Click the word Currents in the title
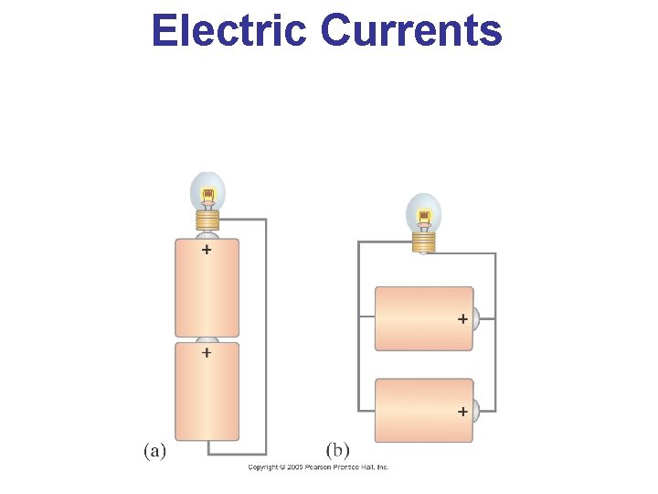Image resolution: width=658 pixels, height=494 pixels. pyautogui.click(x=411, y=30)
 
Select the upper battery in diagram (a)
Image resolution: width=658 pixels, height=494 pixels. pyautogui.click(x=207, y=288)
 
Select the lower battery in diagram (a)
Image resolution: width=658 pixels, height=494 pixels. pyautogui.click(x=207, y=393)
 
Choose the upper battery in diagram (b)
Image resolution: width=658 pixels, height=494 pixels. pyautogui.click(x=424, y=318)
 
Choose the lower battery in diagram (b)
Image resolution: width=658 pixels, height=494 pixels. pyautogui.click(x=424, y=411)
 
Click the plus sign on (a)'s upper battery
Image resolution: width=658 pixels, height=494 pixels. pyautogui.click(x=207, y=249)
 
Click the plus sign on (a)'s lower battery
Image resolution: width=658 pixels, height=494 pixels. pyautogui.click(x=207, y=352)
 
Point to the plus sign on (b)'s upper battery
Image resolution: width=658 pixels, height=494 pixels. pyautogui.click(x=462, y=319)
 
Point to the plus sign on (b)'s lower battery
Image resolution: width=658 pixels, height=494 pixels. pyautogui.click(x=462, y=412)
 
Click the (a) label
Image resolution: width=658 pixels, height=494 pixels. pyautogui.click(x=154, y=450)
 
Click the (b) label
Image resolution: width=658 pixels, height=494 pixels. pyautogui.click(x=337, y=450)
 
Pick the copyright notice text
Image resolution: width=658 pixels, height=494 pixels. pyautogui.click(x=319, y=467)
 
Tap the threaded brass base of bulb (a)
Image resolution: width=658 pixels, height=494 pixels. pyautogui.click(x=207, y=220)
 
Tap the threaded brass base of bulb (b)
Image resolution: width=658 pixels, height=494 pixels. pyautogui.click(x=423, y=242)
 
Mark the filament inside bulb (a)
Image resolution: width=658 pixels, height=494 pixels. pyautogui.click(x=207, y=195)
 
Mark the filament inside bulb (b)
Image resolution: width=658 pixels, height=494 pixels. pyautogui.click(x=423, y=218)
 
